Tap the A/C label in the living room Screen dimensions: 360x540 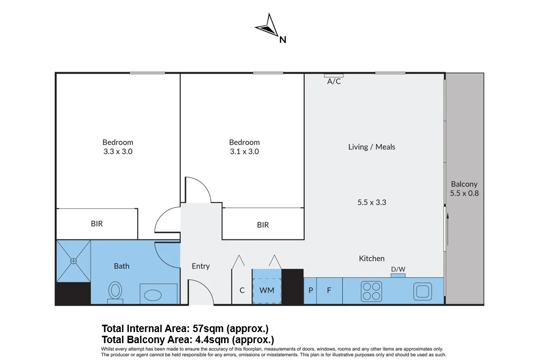[x=334, y=82]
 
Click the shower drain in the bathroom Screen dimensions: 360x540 [x=73, y=261]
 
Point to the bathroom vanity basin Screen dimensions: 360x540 [x=158, y=293]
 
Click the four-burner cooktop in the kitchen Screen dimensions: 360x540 [x=371, y=291]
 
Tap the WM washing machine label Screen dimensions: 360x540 [x=267, y=290]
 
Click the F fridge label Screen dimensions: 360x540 [x=329, y=290]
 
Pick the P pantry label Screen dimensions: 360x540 [x=311, y=290]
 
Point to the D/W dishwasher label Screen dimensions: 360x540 [x=398, y=270]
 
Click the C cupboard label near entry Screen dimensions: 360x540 [x=242, y=290]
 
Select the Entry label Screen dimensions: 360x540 [x=200, y=266]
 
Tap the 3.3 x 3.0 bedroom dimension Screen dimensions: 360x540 [x=118, y=151]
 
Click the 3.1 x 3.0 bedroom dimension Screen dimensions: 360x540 [x=244, y=151]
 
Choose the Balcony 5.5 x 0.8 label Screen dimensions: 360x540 [x=464, y=189]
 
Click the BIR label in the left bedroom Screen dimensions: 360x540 [x=97, y=223]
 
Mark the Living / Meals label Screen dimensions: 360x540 [x=371, y=147]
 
